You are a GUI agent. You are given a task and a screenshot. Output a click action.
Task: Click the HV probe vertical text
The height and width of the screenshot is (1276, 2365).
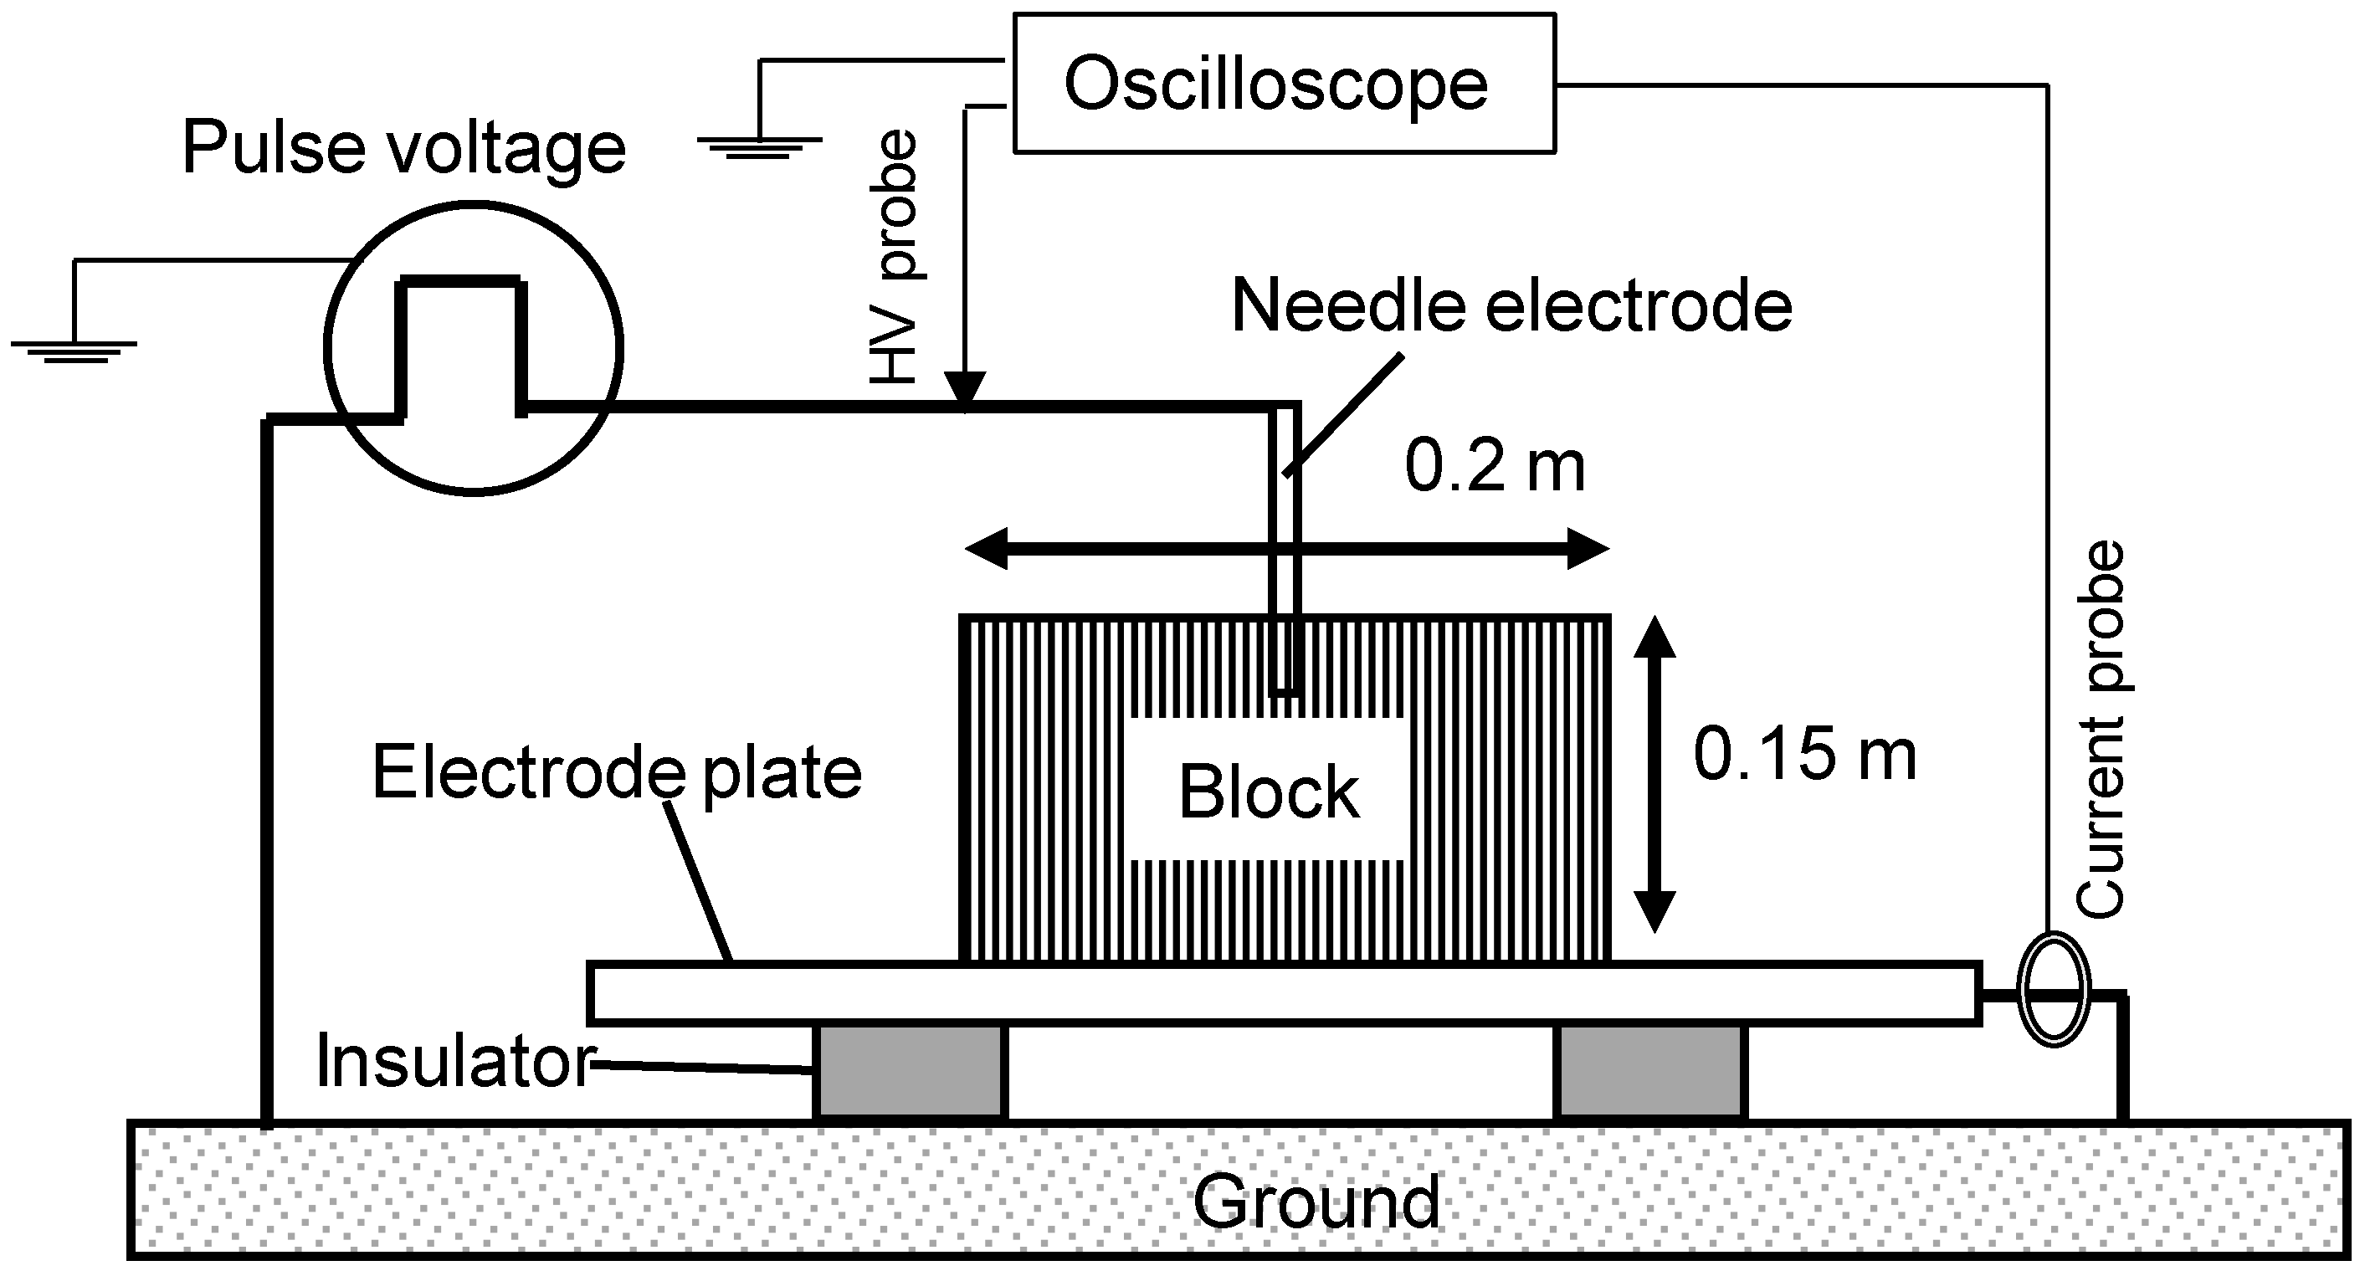tap(896, 257)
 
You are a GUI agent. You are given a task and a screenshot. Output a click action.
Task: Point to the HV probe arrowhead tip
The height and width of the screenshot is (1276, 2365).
tap(965, 400)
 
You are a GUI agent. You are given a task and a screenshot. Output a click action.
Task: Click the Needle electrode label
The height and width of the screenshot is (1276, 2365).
tap(1511, 305)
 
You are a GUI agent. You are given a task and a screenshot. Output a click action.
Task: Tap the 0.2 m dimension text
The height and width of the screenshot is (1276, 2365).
tap(1495, 467)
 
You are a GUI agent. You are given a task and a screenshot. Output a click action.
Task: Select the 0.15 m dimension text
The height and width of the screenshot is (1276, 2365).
tap(1805, 755)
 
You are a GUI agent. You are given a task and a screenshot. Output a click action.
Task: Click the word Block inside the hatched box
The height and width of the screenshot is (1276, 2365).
tap(1268, 792)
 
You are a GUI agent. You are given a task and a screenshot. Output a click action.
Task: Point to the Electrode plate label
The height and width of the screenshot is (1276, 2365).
tap(617, 773)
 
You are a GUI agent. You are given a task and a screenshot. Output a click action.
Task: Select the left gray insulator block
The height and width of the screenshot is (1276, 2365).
tap(910, 1071)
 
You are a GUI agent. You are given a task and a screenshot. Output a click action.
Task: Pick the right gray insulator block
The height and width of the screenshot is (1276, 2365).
tap(1649, 1071)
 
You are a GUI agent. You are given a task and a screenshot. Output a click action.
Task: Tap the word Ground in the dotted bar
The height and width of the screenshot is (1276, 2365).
tap(1316, 1202)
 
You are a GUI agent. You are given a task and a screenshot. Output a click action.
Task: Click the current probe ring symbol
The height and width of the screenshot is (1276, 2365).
tap(2054, 989)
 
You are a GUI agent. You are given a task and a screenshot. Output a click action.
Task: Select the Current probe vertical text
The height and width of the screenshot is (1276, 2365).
tap(2101, 730)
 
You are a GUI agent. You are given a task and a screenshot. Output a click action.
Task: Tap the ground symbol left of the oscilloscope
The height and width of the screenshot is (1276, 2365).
tap(759, 145)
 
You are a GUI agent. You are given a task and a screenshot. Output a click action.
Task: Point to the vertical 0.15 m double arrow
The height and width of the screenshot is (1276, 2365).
tap(1654, 774)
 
